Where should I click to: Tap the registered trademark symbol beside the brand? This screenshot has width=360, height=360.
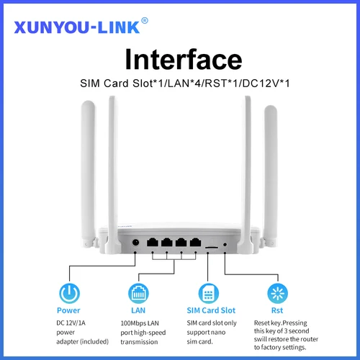point(145,20)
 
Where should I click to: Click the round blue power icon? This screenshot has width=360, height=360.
point(68,292)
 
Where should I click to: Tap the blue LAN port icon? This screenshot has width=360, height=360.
point(138,292)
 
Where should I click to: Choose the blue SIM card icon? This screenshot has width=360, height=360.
point(207,292)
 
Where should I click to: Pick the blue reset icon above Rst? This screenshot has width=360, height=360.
point(276,292)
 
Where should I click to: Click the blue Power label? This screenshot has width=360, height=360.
point(68,310)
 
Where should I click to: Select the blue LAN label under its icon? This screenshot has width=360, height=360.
point(138,310)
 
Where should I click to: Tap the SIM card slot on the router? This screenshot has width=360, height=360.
point(212,246)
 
